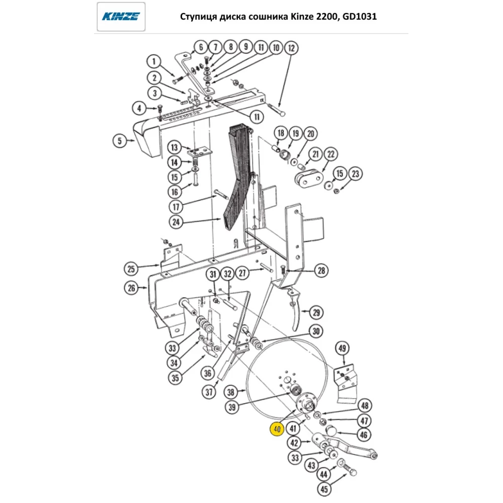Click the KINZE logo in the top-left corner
pos(121,17)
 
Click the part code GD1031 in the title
pos(359,17)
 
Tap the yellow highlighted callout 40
pos(277,430)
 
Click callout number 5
pos(120,141)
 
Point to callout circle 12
pos(291,48)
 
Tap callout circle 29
pos(316,312)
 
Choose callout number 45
pos(324,488)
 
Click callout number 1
pos(154,62)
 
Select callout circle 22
pos(330,154)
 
